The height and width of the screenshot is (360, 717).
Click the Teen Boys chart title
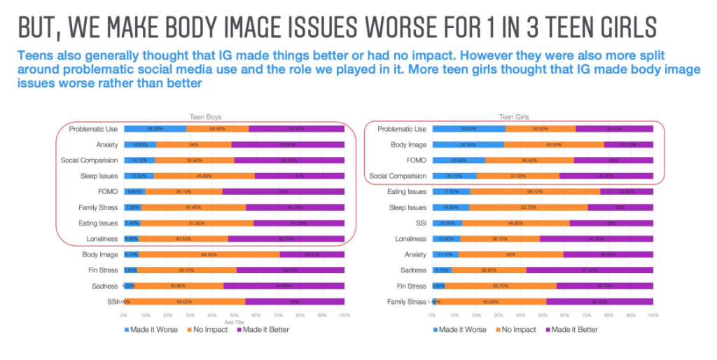point(205,117)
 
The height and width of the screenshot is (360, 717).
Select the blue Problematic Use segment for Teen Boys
point(155,129)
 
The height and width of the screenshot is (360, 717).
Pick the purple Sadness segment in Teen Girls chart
point(590,270)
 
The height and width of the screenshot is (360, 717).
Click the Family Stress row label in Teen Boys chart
point(97,207)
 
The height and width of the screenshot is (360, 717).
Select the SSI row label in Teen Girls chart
point(417,223)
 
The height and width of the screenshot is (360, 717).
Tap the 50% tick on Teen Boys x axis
point(234,315)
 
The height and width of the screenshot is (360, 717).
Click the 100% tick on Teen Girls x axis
point(653,316)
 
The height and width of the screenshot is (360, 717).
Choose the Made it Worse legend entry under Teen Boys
point(151,329)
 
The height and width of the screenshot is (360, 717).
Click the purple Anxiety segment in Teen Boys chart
point(288,144)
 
